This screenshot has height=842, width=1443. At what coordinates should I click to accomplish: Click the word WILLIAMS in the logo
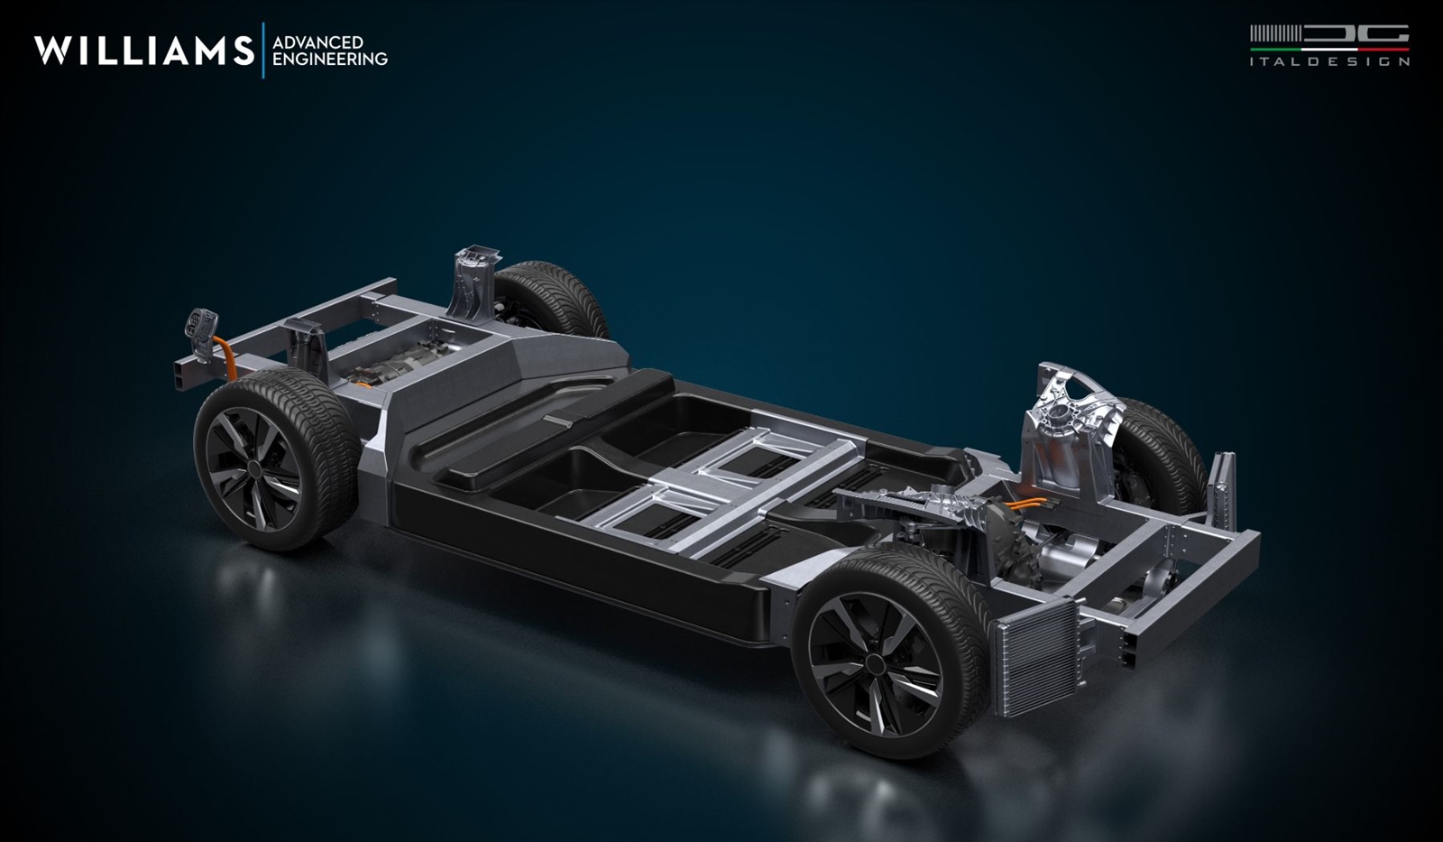pyautogui.click(x=144, y=51)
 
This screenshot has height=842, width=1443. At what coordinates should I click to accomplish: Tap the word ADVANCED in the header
pyautogui.click(x=318, y=42)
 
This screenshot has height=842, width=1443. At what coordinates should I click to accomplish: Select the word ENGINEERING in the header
pyautogui.click(x=330, y=59)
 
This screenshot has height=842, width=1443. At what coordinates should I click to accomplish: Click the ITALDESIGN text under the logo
pyautogui.click(x=1329, y=62)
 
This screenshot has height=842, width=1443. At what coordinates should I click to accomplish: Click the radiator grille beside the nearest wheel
pyautogui.click(x=1036, y=658)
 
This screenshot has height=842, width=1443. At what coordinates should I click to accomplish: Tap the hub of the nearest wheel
pyautogui.click(x=874, y=663)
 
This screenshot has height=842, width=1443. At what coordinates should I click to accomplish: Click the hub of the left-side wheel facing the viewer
pyautogui.click(x=253, y=468)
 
